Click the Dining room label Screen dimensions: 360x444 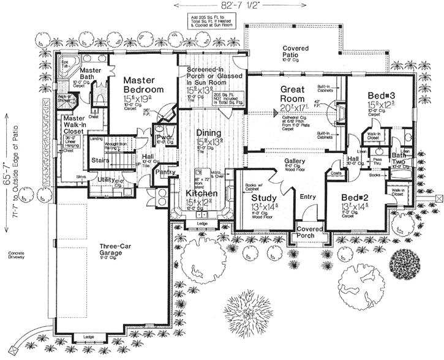click(208, 132)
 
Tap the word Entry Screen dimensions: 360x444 click(308, 197)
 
